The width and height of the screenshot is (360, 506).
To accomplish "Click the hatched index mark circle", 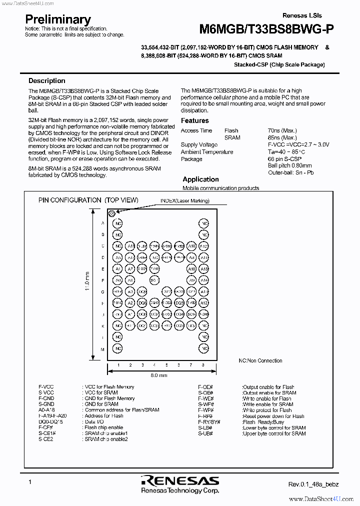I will click(113, 213).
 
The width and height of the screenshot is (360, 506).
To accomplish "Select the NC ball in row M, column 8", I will click(203, 348).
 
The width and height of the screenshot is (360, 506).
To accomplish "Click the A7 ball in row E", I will click(130, 269).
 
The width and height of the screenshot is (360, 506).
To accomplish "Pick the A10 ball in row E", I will click(191, 269).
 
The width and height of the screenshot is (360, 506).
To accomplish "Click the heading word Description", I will click(46, 80).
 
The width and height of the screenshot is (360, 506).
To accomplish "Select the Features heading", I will click(195, 120).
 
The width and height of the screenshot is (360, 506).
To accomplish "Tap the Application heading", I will click(200, 179).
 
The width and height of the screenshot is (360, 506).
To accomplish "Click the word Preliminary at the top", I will click(58, 19).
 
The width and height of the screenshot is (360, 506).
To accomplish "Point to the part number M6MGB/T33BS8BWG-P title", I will click(267, 29).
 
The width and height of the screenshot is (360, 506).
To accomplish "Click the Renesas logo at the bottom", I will click(180, 481).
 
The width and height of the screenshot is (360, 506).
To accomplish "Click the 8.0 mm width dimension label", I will click(159, 375).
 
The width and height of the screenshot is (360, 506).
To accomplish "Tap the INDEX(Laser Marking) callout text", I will click(184, 201).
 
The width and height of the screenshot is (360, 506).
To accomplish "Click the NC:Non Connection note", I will click(260, 360).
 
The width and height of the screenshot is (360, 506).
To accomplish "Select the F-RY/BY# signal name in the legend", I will click(209, 422).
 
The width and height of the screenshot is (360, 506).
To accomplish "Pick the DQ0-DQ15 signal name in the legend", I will click(50, 422).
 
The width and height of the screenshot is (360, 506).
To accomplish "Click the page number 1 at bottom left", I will click(30, 481).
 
